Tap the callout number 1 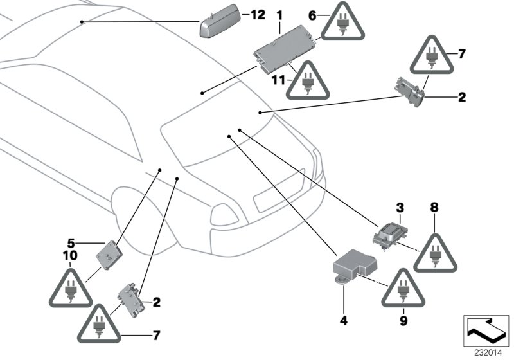click(279, 14)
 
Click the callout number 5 click(72, 243)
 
